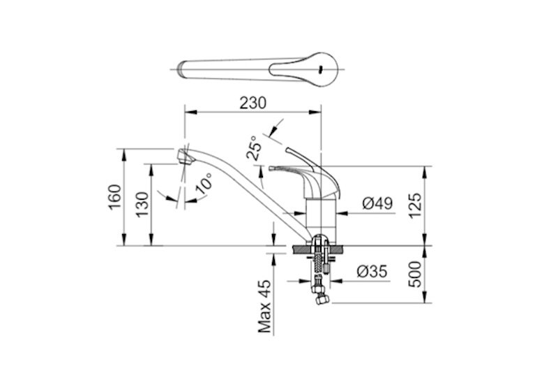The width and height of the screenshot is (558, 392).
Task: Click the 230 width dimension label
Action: pyautogui.click(x=252, y=102)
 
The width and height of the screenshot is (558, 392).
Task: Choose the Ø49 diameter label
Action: pyautogui.click(x=377, y=204)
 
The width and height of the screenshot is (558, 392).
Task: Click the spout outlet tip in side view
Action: pyautogui.click(x=184, y=155)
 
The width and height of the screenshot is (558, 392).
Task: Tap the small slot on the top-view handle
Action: pyautogui.click(x=320, y=68)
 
